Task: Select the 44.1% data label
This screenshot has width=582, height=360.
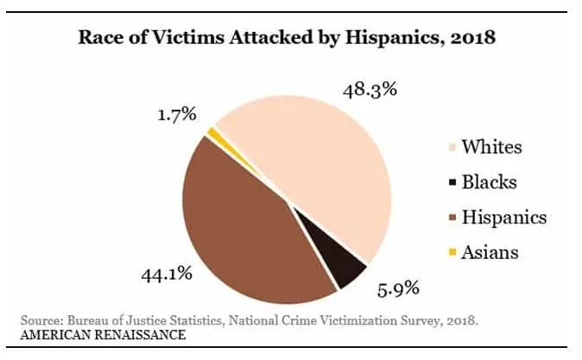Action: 166,275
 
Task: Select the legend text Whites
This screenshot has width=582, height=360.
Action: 491,147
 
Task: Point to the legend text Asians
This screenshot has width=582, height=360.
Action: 490,252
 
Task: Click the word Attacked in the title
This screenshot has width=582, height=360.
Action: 289,38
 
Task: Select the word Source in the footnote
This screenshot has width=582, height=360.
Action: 40,320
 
